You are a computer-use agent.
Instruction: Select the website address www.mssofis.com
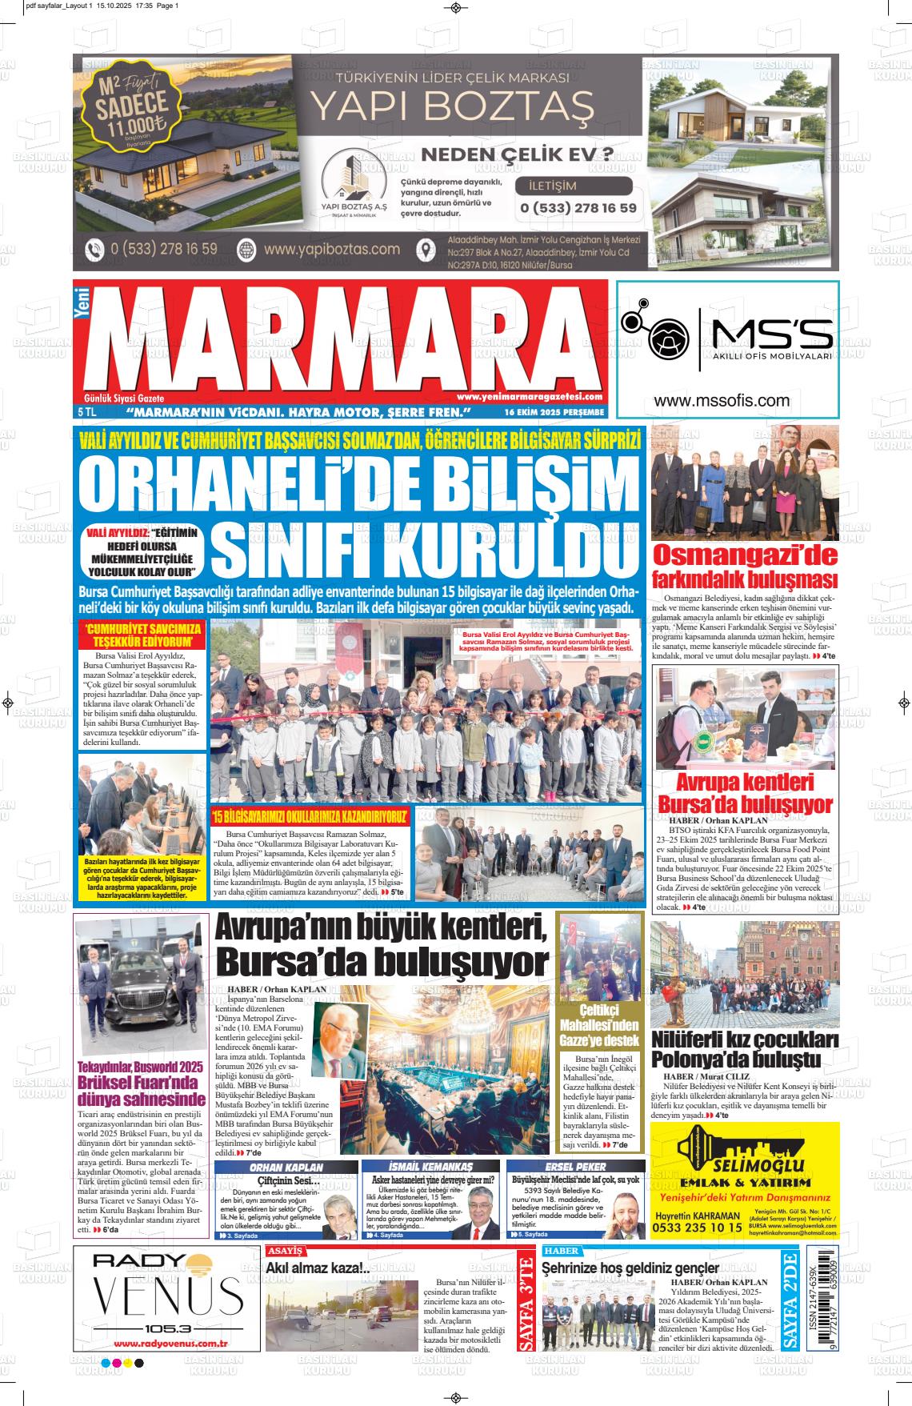click(722, 401)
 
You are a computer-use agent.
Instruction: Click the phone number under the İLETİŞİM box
click(578, 208)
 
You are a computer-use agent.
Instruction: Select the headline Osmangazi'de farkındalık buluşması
click(745, 567)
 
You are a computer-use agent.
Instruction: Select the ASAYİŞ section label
click(286, 1250)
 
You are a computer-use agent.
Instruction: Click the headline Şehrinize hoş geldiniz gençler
click(630, 1268)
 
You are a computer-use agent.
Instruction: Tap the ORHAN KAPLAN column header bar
click(286, 1167)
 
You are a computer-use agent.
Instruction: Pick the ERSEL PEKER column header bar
click(575, 1167)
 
